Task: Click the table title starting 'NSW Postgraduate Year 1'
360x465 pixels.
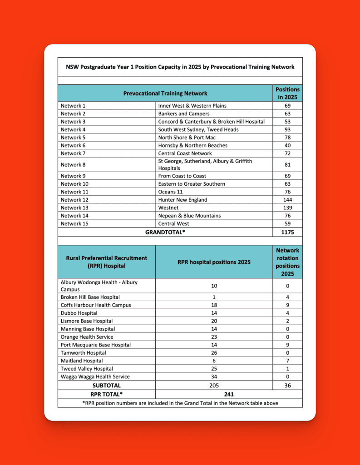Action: coord(180,67)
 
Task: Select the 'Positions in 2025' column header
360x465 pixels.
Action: coord(287,93)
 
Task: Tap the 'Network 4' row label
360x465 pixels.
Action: coord(71,129)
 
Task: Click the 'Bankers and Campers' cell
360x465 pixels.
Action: coord(184,114)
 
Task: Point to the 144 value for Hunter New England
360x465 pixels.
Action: coord(287,200)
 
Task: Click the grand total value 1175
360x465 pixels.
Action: coord(287,232)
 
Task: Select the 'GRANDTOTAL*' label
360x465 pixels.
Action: coord(165,232)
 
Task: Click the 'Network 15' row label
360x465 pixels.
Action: coord(72,223)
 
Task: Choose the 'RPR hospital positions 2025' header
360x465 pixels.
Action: coord(214,262)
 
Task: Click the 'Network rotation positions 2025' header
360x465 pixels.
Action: coord(287,262)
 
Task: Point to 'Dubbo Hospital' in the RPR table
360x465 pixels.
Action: coord(79,313)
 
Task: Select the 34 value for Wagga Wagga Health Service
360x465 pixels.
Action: coord(214,376)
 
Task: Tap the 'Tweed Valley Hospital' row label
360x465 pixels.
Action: coord(87,368)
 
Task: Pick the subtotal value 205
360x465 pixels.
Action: coord(214,386)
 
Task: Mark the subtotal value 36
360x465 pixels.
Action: coord(287,386)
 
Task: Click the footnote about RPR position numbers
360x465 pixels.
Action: coord(180,403)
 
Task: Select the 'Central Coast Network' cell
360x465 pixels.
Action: coord(185,153)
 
